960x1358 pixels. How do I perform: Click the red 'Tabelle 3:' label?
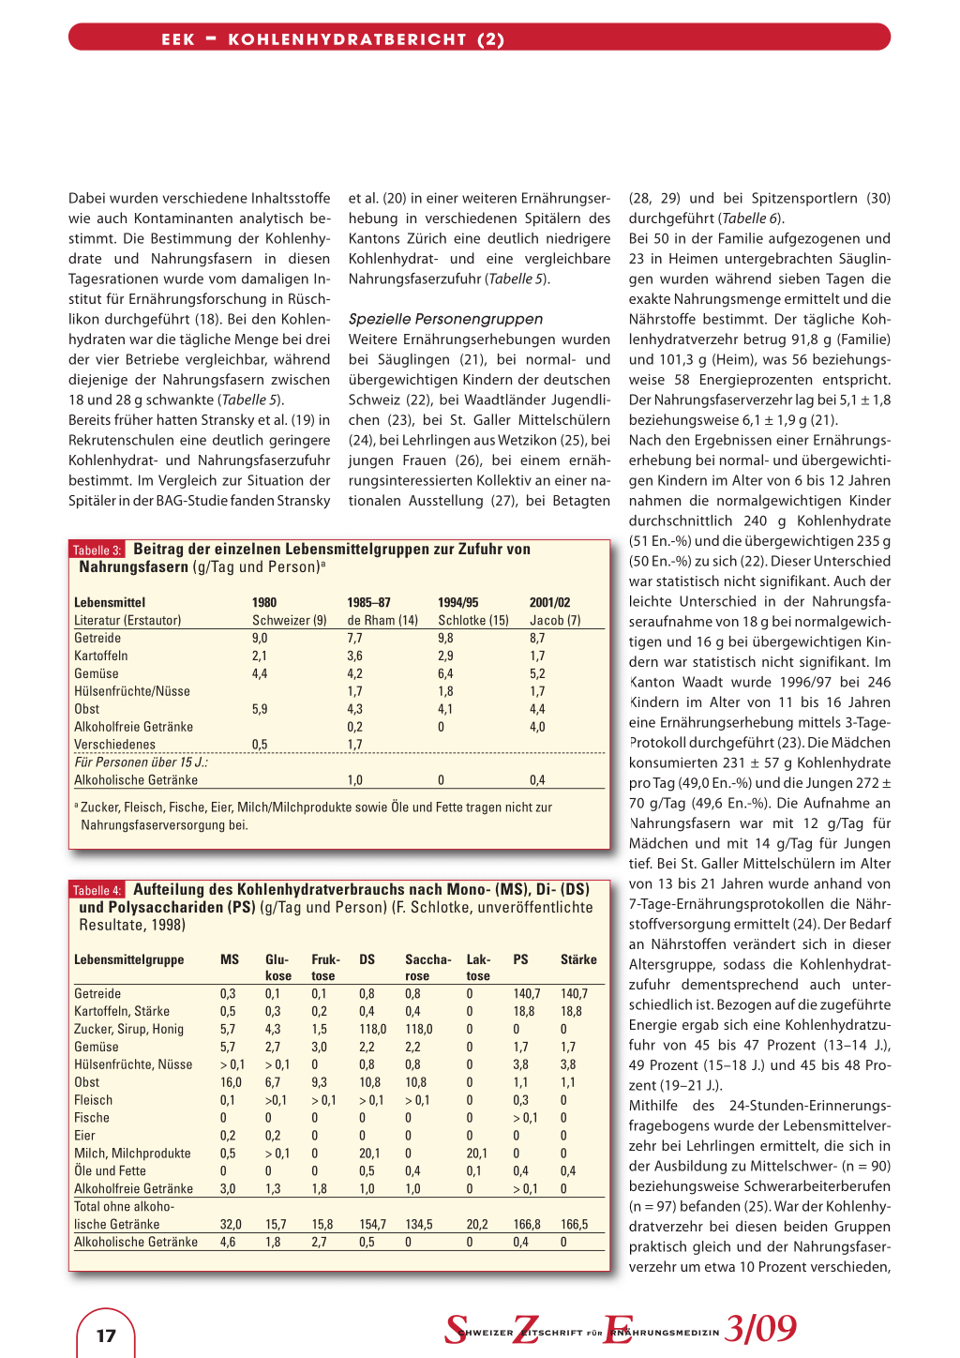point(97,551)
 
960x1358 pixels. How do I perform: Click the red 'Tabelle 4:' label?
point(97,891)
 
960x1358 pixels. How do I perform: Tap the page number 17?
point(106,1335)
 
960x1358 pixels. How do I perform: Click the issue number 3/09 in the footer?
point(760,1329)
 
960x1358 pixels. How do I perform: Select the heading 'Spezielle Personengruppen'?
point(445,319)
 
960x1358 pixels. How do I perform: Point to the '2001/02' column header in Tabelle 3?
point(549,603)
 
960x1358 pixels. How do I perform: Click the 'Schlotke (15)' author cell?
point(473,621)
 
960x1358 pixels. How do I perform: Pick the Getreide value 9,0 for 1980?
point(260,639)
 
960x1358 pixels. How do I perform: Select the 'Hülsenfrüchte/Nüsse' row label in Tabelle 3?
point(132,691)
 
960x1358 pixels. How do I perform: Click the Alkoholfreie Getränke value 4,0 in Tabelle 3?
point(537,727)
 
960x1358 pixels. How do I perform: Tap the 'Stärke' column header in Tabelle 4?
point(578,959)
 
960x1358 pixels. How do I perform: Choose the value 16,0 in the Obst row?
point(230,1082)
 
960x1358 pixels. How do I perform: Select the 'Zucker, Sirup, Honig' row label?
point(129,1029)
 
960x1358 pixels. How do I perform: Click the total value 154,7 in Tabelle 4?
point(372,1225)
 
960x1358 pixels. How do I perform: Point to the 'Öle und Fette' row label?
point(111,1171)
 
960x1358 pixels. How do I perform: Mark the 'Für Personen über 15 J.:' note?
point(142,762)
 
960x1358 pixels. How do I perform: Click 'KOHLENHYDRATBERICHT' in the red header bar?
point(348,39)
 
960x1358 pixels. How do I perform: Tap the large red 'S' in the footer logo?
point(456,1330)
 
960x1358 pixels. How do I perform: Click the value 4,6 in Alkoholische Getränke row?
point(228,1243)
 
